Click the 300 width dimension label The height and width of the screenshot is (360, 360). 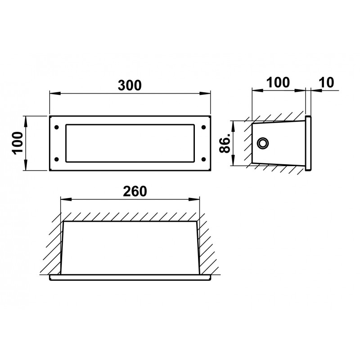pyautogui.click(x=130, y=85)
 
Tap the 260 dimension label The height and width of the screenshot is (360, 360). pyautogui.click(x=135, y=191)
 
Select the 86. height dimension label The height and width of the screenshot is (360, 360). pyautogui.click(x=225, y=144)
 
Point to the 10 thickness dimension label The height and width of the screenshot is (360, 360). pyautogui.click(x=327, y=82)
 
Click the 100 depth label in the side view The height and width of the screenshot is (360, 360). pyautogui.click(x=278, y=82)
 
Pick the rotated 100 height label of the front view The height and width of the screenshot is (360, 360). pyautogui.click(x=18, y=143)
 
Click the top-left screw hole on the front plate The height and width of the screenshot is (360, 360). pyautogui.click(x=57, y=127)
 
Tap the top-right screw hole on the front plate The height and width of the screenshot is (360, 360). pyautogui.click(x=203, y=127)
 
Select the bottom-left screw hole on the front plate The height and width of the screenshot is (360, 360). pyautogui.click(x=57, y=159)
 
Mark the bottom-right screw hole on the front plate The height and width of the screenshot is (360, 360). pyautogui.click(x=203, y=159)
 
